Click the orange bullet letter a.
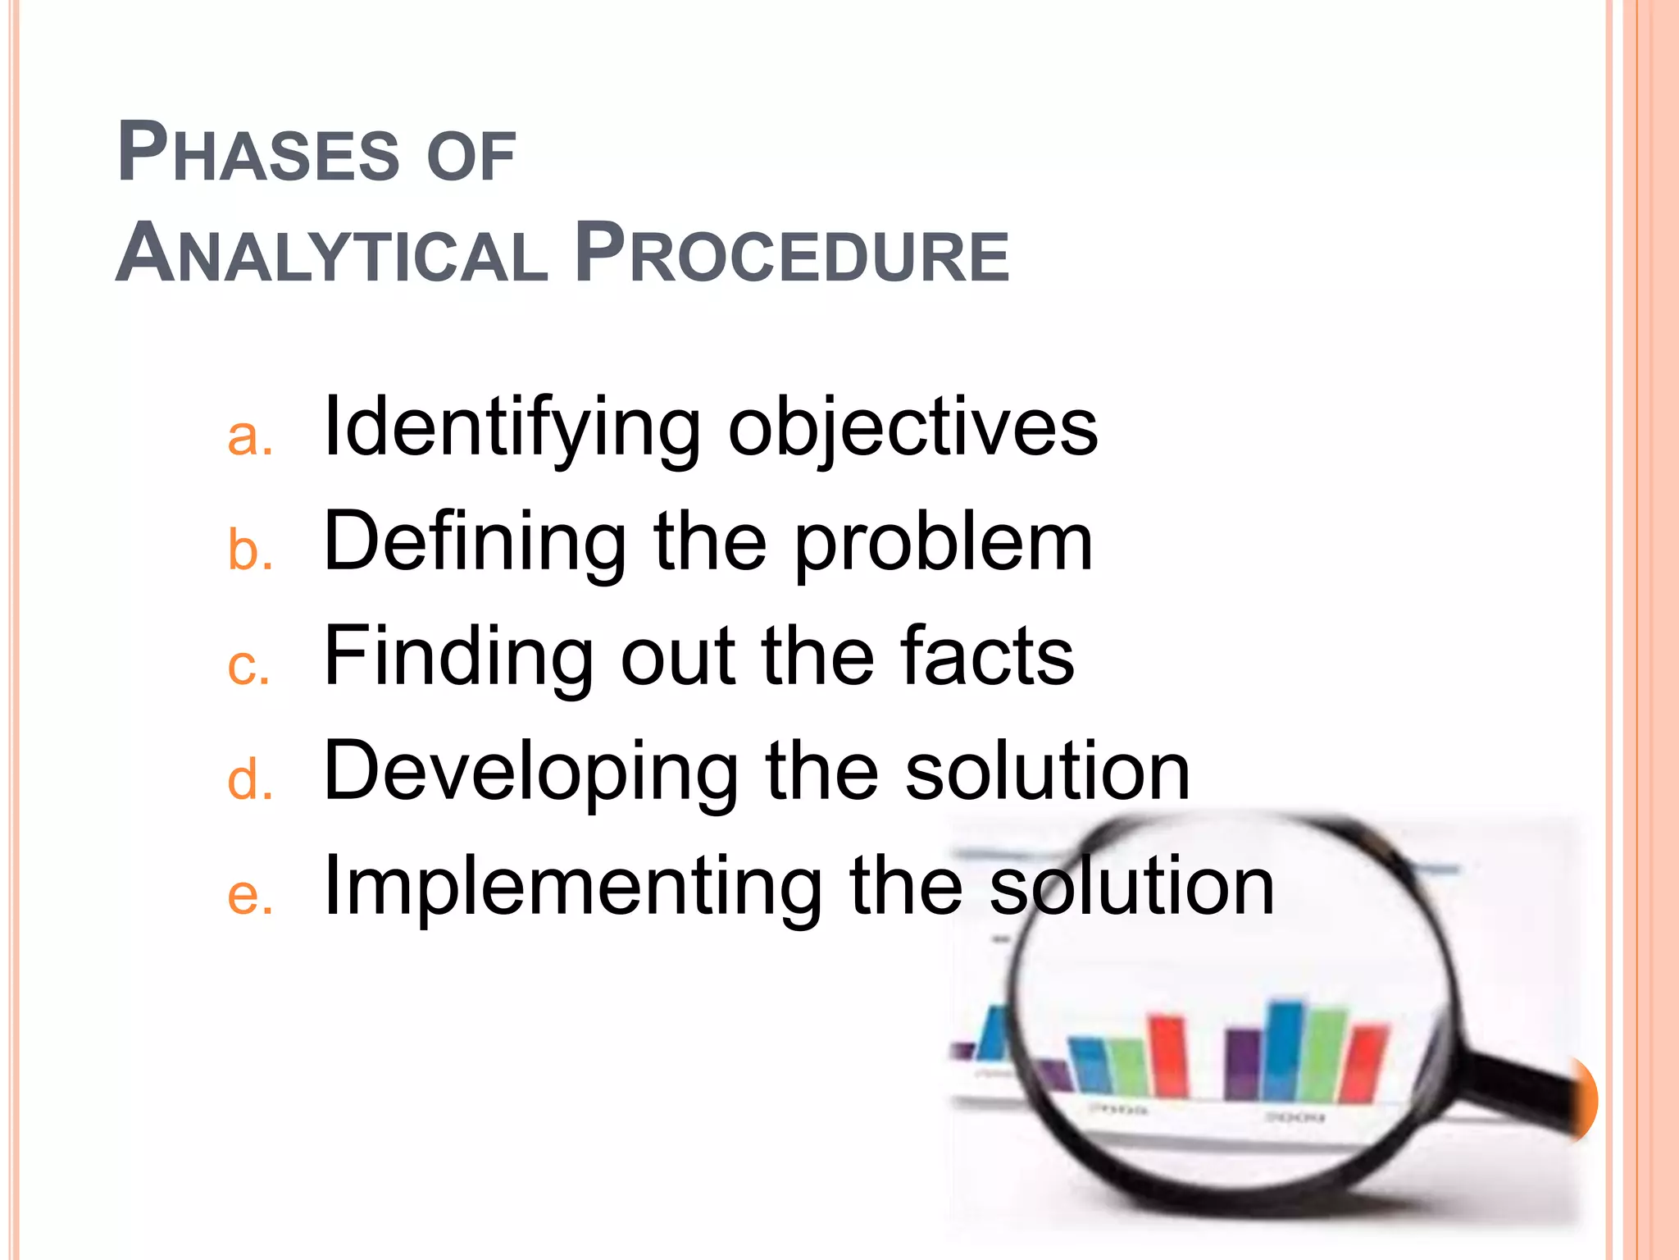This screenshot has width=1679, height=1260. click(x=248, y=436)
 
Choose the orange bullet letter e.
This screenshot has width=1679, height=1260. click(x=248, y=895)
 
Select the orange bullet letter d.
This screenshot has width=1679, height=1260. click(x=248, y=779)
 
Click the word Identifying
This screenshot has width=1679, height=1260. click(x=512, y=428)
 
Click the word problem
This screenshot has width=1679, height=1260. click(x=944, y=546)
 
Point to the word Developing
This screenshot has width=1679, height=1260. click(x=530, y=773)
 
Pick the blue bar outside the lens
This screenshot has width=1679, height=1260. click(x=994, y=1034)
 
